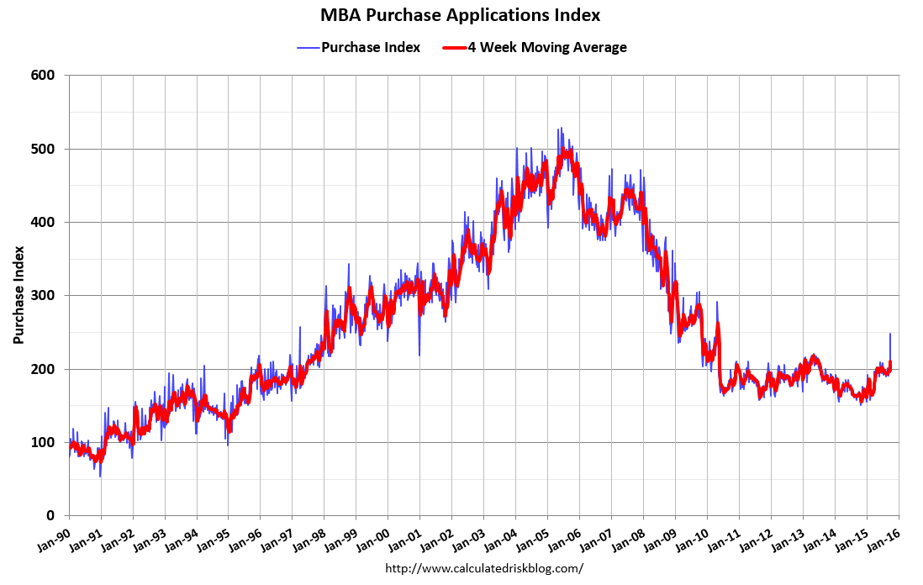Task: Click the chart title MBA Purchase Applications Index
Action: (461, 15)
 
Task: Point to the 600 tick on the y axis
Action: (44, 76)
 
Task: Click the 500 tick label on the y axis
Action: (44, 149)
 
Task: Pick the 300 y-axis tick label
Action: (44, 296)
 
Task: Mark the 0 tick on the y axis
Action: (51, 516)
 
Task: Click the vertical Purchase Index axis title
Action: (18, 294)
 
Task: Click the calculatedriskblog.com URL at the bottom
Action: (483, 568)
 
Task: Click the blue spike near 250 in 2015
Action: (890, 335)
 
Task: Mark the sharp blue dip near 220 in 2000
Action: (419, 354)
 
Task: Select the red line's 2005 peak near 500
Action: (568, 152)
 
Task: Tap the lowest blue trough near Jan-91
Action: (100, 476)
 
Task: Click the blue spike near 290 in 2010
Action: (717, 303)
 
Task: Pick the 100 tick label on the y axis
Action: (44, 442)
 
